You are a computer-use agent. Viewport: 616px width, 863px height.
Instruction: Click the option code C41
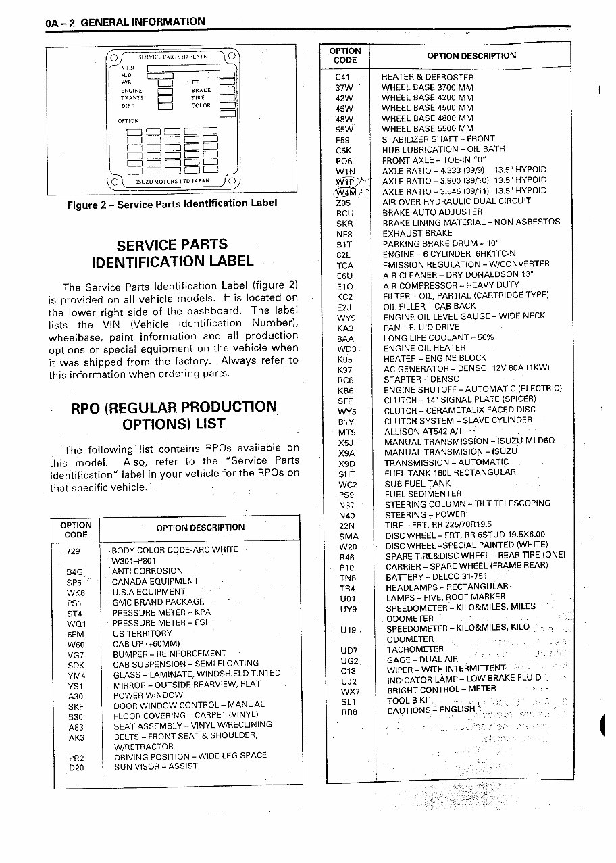(342, 77)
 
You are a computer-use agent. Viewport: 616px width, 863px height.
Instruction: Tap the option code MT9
(346, 433)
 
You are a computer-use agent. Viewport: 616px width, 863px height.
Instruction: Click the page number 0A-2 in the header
(61, 22)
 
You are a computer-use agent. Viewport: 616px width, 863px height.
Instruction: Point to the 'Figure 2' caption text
(172, 204)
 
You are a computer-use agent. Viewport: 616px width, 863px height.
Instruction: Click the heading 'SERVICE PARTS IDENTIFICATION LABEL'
(172, 252)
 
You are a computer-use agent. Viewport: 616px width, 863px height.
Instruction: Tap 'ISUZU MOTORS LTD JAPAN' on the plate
(172, 182)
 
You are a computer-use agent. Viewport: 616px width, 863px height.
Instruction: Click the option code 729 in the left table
(73, 551)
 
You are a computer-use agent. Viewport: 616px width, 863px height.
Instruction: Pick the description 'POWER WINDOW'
(148, 695)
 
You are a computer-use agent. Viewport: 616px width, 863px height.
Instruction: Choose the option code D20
(76, 768)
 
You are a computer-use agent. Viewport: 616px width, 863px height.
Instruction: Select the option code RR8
(349, 712)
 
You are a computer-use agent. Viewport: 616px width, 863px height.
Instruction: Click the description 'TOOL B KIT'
(409, 701)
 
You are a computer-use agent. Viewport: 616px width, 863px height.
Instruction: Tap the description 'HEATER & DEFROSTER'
(428, 77)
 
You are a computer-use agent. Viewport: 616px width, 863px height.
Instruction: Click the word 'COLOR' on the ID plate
(201, 106)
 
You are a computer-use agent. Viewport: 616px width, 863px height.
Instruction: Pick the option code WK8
(75, 593)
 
